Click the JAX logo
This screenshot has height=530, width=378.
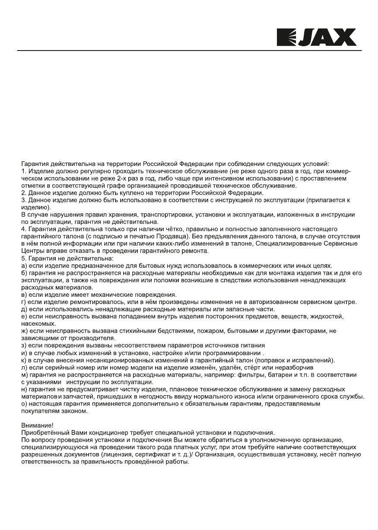click(x=316, y=38)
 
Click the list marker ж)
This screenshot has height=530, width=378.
click(x=25, y=331)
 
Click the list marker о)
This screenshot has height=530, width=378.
click(x=25, y=405)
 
